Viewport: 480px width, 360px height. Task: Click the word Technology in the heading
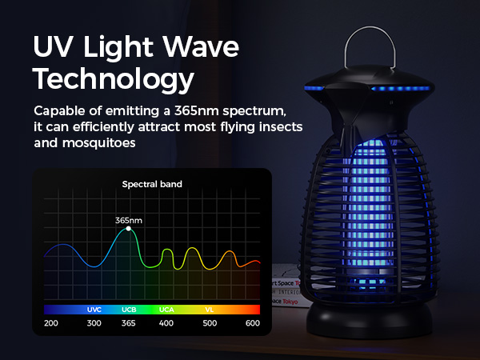tap(114, 80)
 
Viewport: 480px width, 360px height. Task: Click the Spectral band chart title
tap(152, 184)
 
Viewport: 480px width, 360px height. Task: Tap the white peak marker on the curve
tap(128, 230)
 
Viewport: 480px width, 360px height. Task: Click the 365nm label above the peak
tap(128, 219)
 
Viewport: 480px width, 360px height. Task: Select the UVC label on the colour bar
tap(94, 309)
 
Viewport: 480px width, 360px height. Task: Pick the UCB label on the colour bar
tap(129, 309)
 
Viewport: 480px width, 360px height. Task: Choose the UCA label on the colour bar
tap(166, 309)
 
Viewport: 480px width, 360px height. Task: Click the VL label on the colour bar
tap(209, 309)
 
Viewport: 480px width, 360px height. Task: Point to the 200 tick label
tap(51, 323)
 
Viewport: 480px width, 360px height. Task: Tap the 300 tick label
tap(94, 323)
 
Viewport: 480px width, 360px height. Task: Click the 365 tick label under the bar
tap(129, 323)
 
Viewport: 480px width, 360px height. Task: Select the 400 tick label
tap(166, 323)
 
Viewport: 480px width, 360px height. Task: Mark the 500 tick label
tap(210, 323)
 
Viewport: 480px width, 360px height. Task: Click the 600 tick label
tap(253, 323)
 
